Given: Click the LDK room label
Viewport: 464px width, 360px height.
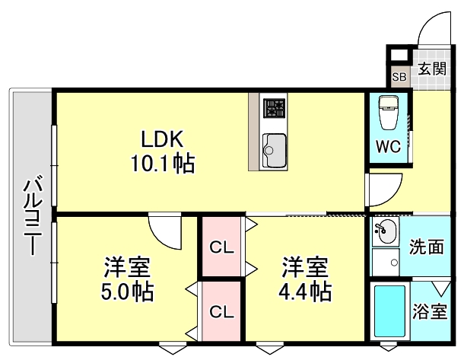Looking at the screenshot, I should [160, 139].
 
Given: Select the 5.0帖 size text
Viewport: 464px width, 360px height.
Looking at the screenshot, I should [127, 291].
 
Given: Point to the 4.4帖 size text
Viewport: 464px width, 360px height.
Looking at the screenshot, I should [305, 291].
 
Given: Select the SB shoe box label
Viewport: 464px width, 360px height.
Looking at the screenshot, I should [399, 77].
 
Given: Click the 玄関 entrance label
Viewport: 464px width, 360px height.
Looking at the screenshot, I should [432, 68].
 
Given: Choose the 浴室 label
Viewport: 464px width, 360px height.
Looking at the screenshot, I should [430, 313].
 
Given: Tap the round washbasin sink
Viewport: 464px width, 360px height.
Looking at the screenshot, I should [386, 230].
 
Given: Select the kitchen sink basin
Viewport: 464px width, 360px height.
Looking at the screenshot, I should [274, 148].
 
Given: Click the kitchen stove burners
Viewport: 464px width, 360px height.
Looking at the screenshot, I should [274, 111].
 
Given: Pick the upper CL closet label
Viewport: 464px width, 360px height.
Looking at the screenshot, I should [221, 247].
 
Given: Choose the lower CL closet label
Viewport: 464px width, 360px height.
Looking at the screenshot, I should [221, 311].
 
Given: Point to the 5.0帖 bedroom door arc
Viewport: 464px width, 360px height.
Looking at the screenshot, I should [164, 228].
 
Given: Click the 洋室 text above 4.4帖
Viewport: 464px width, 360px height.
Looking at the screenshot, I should [305, 267].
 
